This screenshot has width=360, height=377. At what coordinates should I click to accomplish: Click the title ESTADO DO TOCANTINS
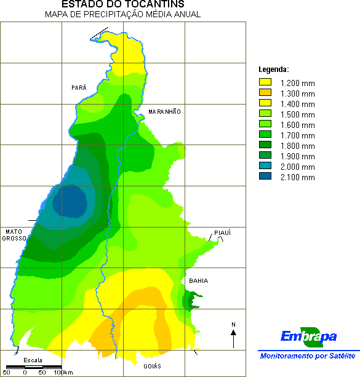pyautogui.click(x=123, y=5)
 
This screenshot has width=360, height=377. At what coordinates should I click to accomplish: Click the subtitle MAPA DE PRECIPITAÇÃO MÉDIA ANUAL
pyautogui.click(x=123, y=15)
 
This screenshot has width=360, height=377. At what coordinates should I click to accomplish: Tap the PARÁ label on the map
pyautogui.click(x=79, y=88)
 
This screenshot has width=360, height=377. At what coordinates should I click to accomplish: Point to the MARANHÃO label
pyautogui.click(x=165, y=112)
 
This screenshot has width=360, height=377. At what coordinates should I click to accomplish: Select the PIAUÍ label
pyautogui.click(x=222, y=233)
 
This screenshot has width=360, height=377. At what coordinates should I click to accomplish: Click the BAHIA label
pyautogui.click(x=198, y=281)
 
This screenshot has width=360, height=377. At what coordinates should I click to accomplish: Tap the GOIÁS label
pyautogui.click(x=152, y=366)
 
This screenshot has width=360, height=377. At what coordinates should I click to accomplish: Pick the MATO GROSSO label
pyautogui.click(x=14, y=235)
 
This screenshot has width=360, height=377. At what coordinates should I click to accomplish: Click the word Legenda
pyautogui.click(x=274, y=69)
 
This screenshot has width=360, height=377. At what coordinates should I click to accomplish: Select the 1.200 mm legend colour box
pyautogui.click(x=265, y=82)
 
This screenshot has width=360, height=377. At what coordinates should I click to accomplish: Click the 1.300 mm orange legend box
pyautogui.click(x=265, y=93)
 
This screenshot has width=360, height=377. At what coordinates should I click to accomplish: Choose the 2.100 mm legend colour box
pyautogui.click(x=265, y=177)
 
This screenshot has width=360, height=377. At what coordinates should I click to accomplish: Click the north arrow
pyautogui.click(x=234, y=337)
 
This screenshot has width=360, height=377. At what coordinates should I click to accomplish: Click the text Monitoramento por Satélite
pyautogui.click(x=308, y=356)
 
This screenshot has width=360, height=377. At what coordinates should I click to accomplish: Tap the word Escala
pyautogui.click(x=33, y=360)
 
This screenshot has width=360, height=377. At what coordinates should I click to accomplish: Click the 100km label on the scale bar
pyautogui.click(x=63, y=372)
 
